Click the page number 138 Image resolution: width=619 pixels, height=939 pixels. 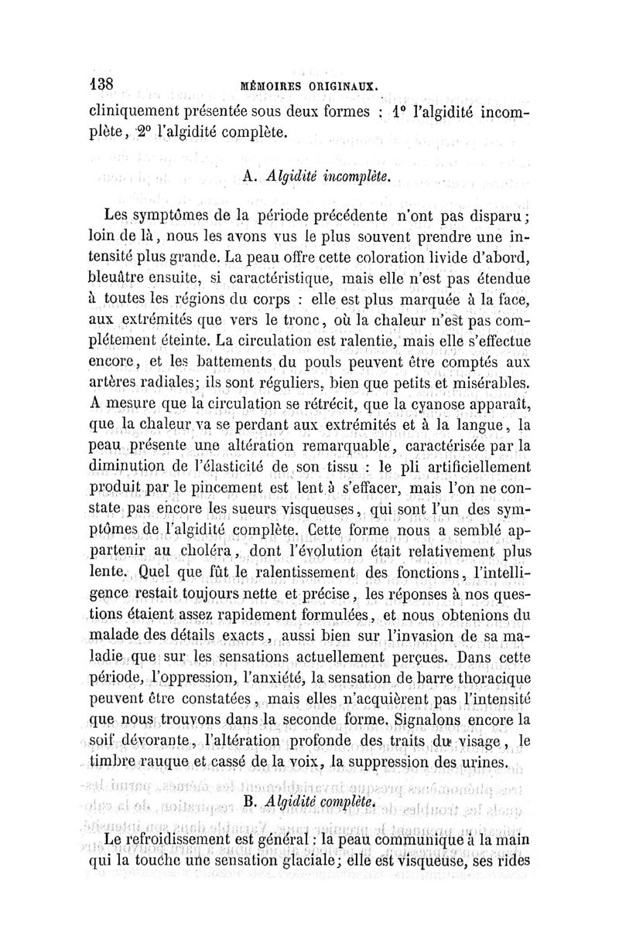(x=102, y=84)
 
